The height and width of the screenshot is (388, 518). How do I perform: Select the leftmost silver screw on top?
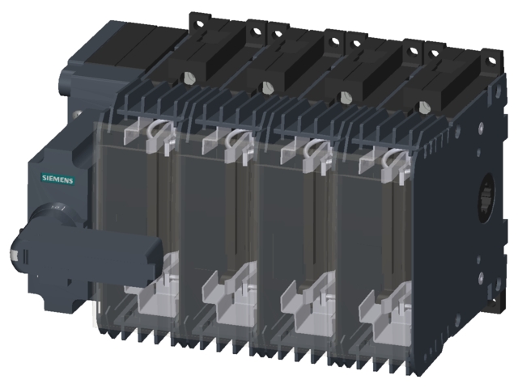tap(188, 78)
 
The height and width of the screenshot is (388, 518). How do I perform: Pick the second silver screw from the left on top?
tap(266, 87)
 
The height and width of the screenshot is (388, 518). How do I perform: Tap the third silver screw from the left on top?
tap(346, 97)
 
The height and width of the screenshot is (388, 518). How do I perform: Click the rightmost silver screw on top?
tap(427, 106)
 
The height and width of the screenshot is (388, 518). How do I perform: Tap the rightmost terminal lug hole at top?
tap(488, 56)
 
